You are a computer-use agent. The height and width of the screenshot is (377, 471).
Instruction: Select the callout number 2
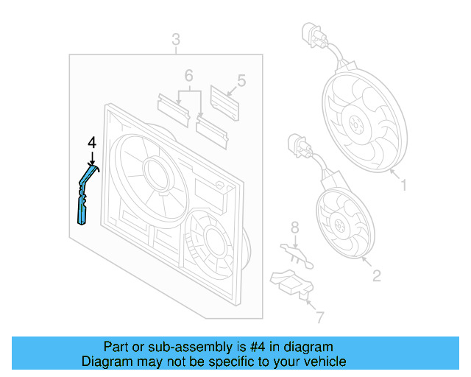376,276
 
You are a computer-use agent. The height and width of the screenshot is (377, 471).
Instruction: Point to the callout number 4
92,141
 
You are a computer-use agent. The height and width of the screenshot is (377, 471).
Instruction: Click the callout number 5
241,79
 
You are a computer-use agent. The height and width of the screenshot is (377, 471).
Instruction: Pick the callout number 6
188,75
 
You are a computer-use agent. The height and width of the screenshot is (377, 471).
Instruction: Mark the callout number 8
294,226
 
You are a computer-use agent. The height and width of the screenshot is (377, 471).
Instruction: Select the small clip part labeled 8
297,253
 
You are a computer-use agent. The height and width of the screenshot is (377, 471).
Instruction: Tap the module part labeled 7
294,283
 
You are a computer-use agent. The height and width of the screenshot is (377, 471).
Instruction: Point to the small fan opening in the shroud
209,239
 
